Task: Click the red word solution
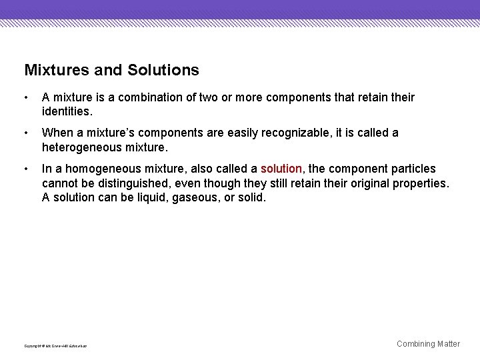[x=281, y=169]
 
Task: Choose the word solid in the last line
[x=251, y=198]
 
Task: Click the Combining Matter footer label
[x=428, y=344]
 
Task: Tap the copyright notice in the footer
[x=55, y=346]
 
